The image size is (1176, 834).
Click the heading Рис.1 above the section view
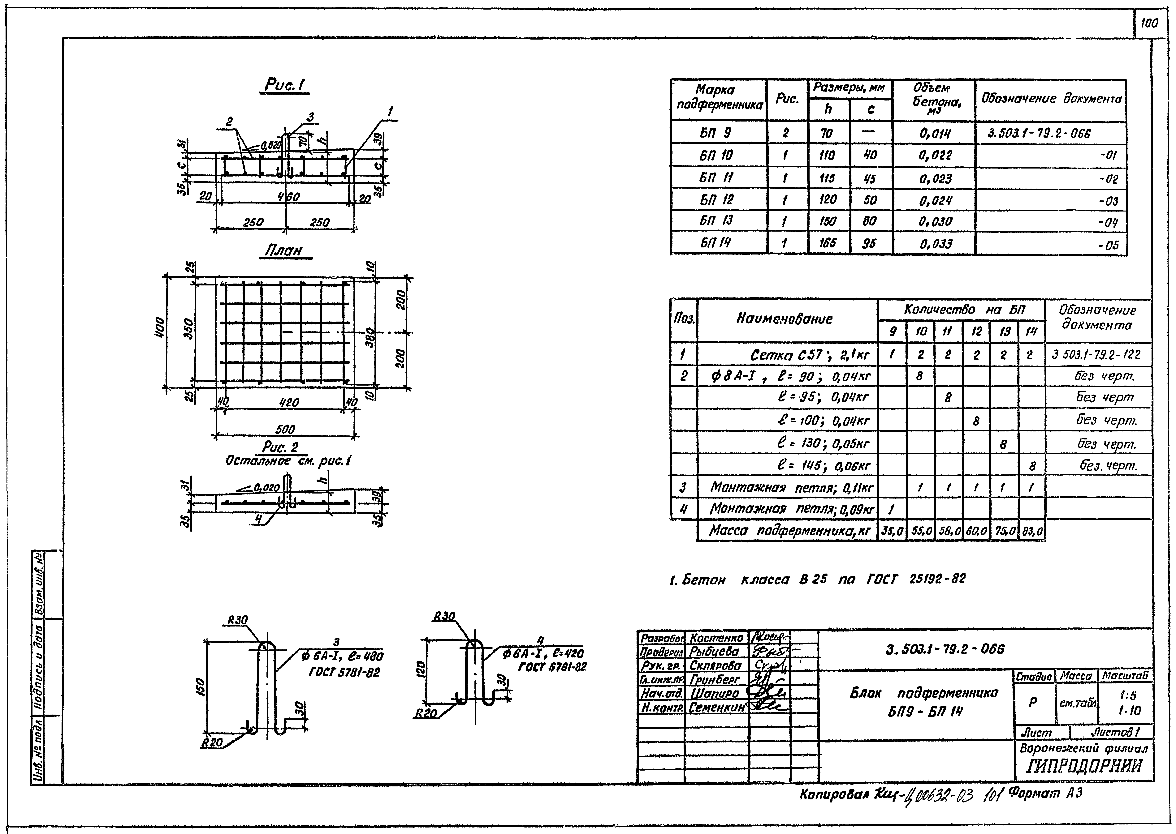286,85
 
